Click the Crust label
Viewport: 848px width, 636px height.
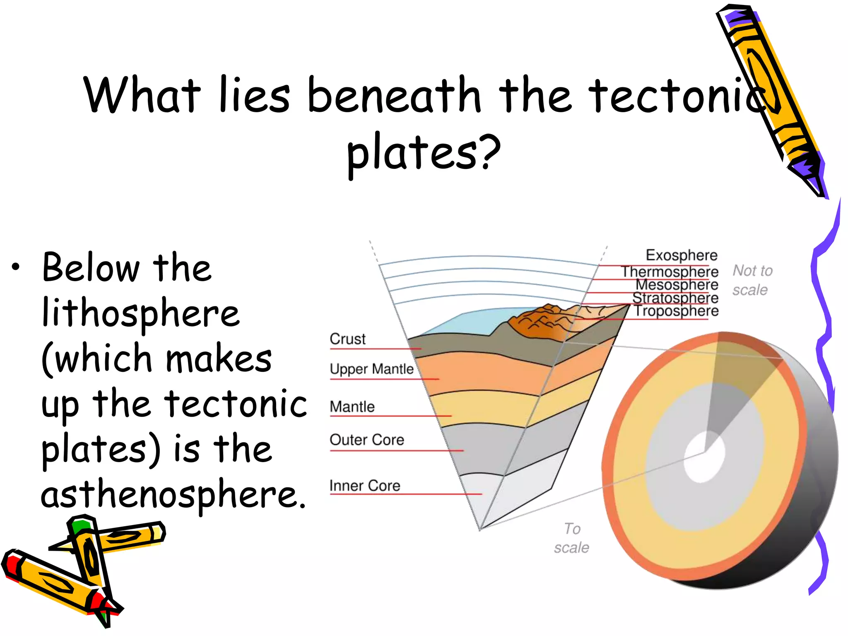(x=347, y=339)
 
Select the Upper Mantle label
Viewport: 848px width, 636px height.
(x=371, y=369)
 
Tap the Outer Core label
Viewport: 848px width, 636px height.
(x=366, y=440)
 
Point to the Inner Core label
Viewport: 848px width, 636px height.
(x=365, y=486)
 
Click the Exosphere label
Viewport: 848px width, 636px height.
(x=682, y=255)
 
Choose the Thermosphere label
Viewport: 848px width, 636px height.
(x=670, y=272)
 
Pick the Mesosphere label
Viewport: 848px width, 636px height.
(x=677, y=285)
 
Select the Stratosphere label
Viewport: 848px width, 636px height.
(x=675, y=298)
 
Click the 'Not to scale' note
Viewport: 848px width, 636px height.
(x=752, y=280)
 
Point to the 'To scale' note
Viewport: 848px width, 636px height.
(x=572, y=538)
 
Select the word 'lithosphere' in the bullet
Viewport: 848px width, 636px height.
(x=141, y=313)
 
